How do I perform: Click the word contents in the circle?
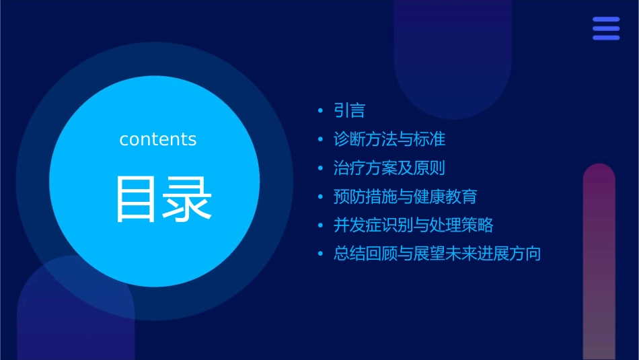[158, 139]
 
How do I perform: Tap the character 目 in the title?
[137, 199]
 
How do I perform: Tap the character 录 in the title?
[188, 199]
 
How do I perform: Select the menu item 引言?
[349, 110]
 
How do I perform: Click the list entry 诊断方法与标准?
[389, 139]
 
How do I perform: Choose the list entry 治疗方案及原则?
[389, 168]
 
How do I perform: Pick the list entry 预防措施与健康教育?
[405, 196]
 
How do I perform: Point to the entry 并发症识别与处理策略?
[413, 225]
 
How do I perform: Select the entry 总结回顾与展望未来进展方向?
[437, 254]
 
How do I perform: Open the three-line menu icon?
[606, 28]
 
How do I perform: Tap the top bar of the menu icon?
[606, 20]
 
